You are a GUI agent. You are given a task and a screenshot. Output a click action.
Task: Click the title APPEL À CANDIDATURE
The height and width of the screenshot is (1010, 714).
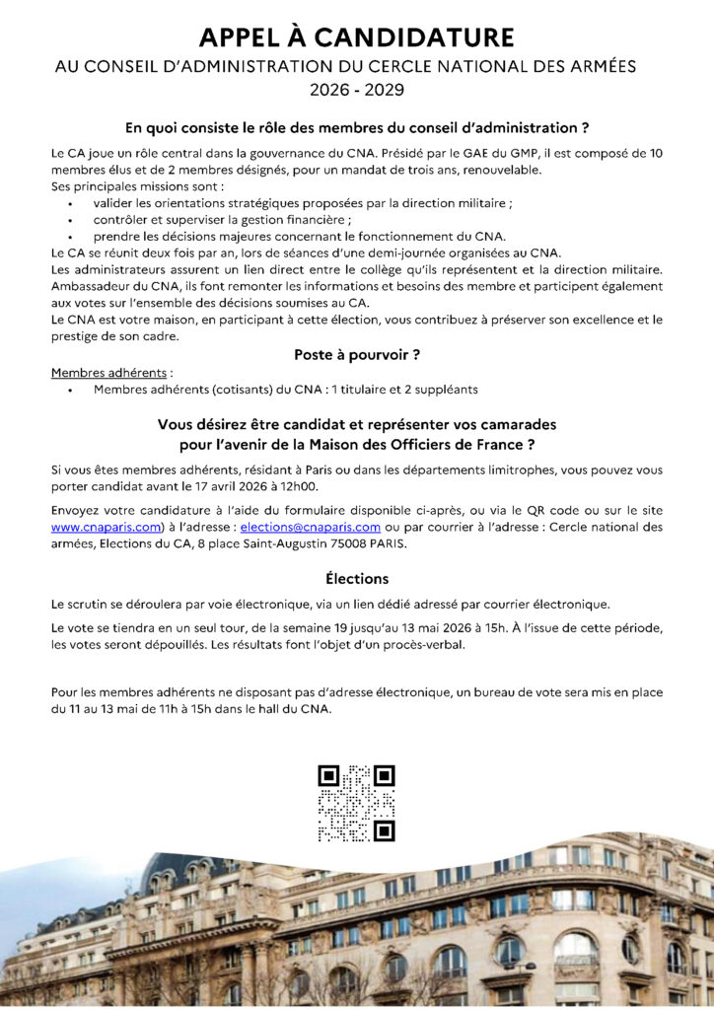click(357, 37)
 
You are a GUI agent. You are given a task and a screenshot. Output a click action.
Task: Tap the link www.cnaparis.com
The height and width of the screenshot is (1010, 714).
click(106, 527)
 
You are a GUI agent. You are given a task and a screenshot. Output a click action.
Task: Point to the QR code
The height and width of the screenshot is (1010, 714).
click(357, 803)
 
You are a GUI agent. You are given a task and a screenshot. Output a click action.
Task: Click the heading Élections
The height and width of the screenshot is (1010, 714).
click(357, 578)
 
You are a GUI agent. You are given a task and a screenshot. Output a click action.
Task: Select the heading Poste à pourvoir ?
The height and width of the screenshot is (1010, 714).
click(357, 354)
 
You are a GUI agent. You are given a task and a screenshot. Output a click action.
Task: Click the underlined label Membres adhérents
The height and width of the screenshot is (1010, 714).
click(97, 374)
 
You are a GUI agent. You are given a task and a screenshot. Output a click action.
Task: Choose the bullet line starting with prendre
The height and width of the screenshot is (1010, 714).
click(299, 236)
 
